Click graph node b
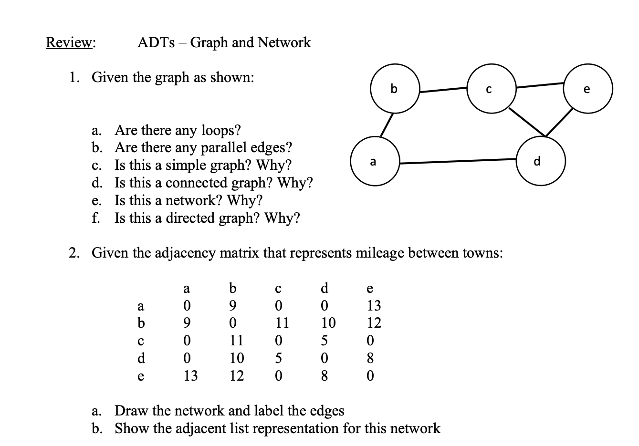[x=394, y=89]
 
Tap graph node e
[x=587, y=89]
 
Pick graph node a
[x=373, y=162]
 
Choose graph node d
[x=540, y=161]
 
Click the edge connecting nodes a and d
[x=458, y=162]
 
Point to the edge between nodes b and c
[x=443, y=89]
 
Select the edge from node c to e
[x=539, y=86]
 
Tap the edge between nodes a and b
[x=386, y=125]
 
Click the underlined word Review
[x=70, y=42]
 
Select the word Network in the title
[x=284, y=42]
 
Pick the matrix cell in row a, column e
[x=374, y=305]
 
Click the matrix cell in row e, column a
[x=190, y=376]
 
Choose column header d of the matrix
[x=325, y=288]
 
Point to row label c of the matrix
[x=140, y=341]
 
